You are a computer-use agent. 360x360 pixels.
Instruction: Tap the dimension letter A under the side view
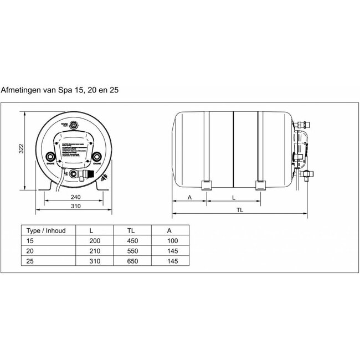189,196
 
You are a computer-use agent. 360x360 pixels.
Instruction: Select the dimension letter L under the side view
233,196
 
